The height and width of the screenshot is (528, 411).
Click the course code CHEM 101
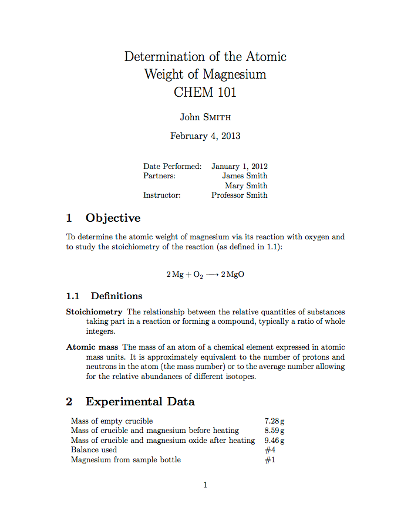coord(205,92)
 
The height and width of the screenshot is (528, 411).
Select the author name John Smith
coord(205,117)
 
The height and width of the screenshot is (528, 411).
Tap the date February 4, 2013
coord(205,136)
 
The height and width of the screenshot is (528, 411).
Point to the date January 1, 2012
coord(239,166)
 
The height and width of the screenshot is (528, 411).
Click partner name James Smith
coord(244,175)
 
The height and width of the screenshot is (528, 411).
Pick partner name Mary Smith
coord(246,185)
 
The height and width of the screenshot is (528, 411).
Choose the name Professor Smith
coord(239,195)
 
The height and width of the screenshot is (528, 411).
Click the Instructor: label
coord(162,195)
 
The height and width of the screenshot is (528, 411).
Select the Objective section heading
coord(113,218)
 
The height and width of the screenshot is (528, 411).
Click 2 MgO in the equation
coord(233,275)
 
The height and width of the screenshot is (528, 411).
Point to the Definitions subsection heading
coord(116,296)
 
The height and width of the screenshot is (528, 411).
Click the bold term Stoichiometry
coord(94,312)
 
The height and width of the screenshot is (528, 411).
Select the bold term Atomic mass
coord(92,347)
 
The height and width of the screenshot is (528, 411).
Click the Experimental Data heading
coord(140,402)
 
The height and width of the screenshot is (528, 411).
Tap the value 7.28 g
coord(275,421)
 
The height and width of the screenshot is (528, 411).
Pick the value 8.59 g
coord(275,430)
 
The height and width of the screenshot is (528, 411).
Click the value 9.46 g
coord(275,440)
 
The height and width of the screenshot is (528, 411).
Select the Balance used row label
coord(94,450)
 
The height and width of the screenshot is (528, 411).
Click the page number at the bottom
coord(205,485)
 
